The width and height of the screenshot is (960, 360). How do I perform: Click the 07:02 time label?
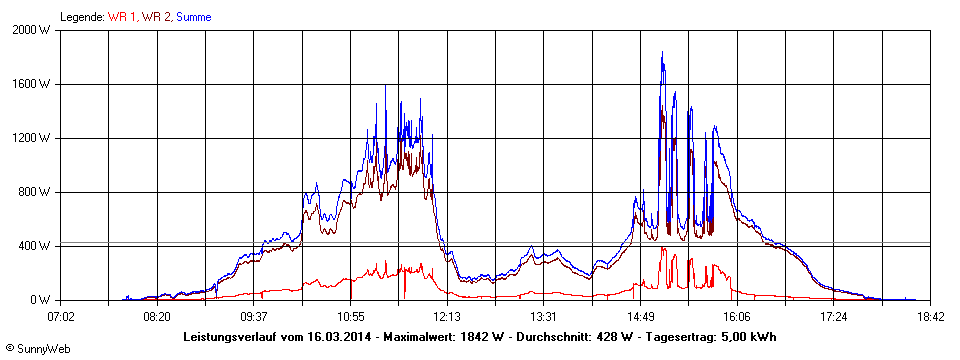pyautogui.click(x=61, y=317)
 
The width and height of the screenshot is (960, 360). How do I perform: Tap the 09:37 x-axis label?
pyautogui.click(x=254, y=317)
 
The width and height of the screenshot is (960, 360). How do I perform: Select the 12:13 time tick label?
pyautogui.click(x=447, y=317)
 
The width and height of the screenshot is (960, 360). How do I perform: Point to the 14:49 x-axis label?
pyautogui.click(x=640, y=317)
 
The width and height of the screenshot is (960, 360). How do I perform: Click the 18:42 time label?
pyautogui.click(x=930, y=317)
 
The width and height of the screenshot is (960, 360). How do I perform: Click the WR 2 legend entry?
pyautogui.click(x=155, y=17)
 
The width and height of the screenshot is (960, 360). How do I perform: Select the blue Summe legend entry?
pyautogui.click(x=194, y=17)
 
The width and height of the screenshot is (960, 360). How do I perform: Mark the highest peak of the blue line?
pyautogui.click(x=662, y=52)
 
